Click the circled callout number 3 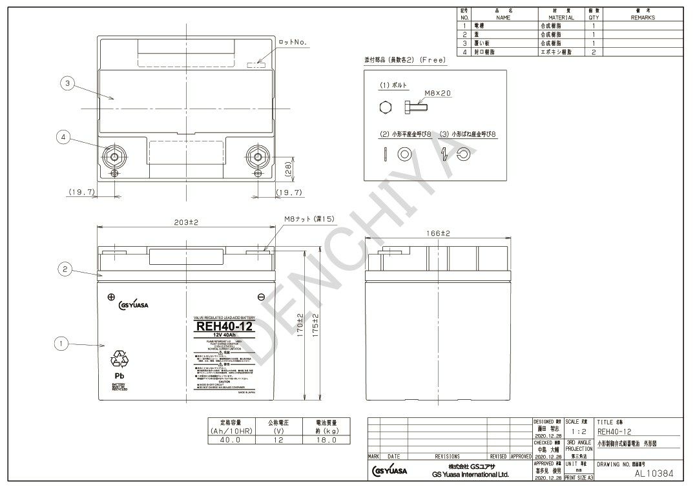tap(66, 83)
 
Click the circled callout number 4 tap(63, 137)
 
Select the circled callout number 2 tap(63, 269)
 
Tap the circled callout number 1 tap(61, 344)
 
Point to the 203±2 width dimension tap(186, 222)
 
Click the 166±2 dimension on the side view tap(438, 233)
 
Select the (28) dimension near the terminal tap(289, 169)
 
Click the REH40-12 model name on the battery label tap(224, 327)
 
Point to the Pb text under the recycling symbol tap(119, 375)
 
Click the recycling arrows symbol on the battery tap(119, 359)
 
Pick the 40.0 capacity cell tap(230, 440)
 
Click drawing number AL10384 tap(654, 473)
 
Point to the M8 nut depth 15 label tap(309, 220)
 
